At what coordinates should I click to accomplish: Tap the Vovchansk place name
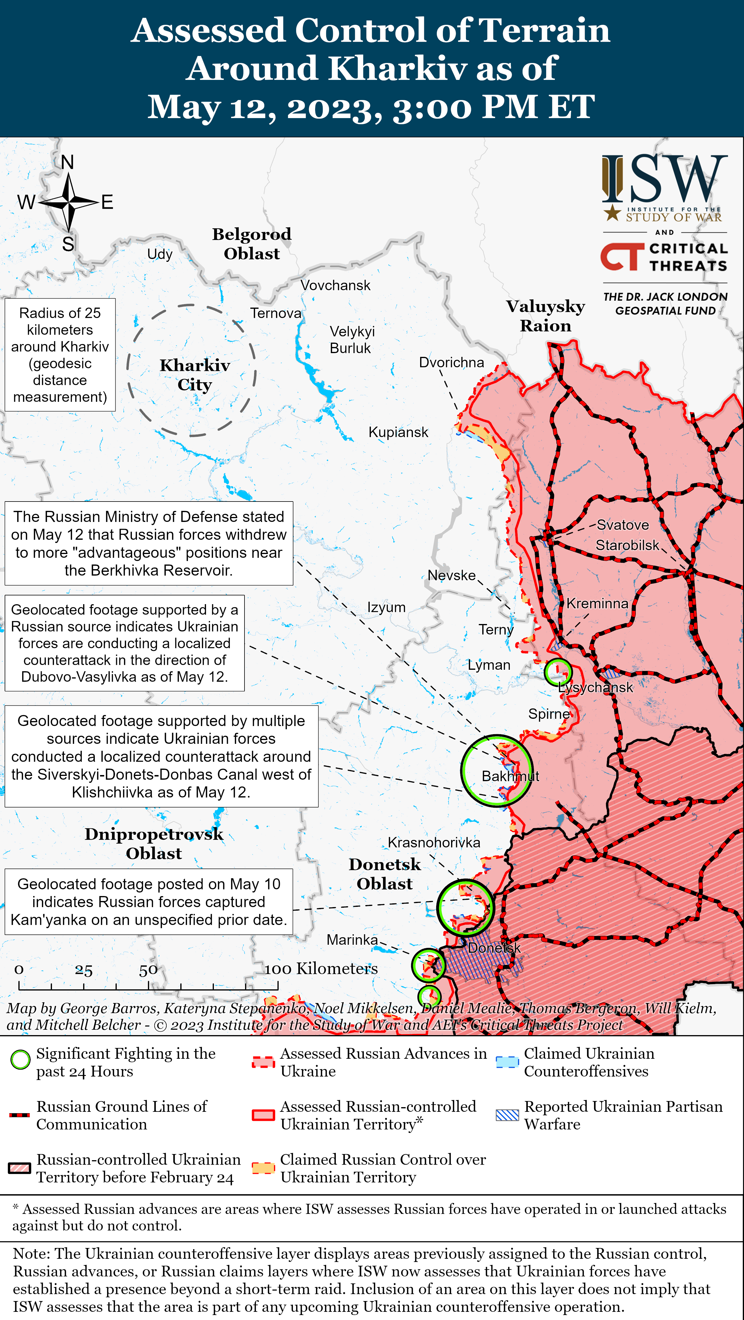[335, 285]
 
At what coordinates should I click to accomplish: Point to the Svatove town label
[622, 525]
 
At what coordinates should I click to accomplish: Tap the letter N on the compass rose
[67, 162]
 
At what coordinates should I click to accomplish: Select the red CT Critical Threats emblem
[621, 256]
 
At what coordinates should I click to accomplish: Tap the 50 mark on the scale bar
[148, 970]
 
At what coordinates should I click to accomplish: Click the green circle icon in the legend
[20, 1060]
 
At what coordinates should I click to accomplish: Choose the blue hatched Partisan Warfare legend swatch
[507, 1115]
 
